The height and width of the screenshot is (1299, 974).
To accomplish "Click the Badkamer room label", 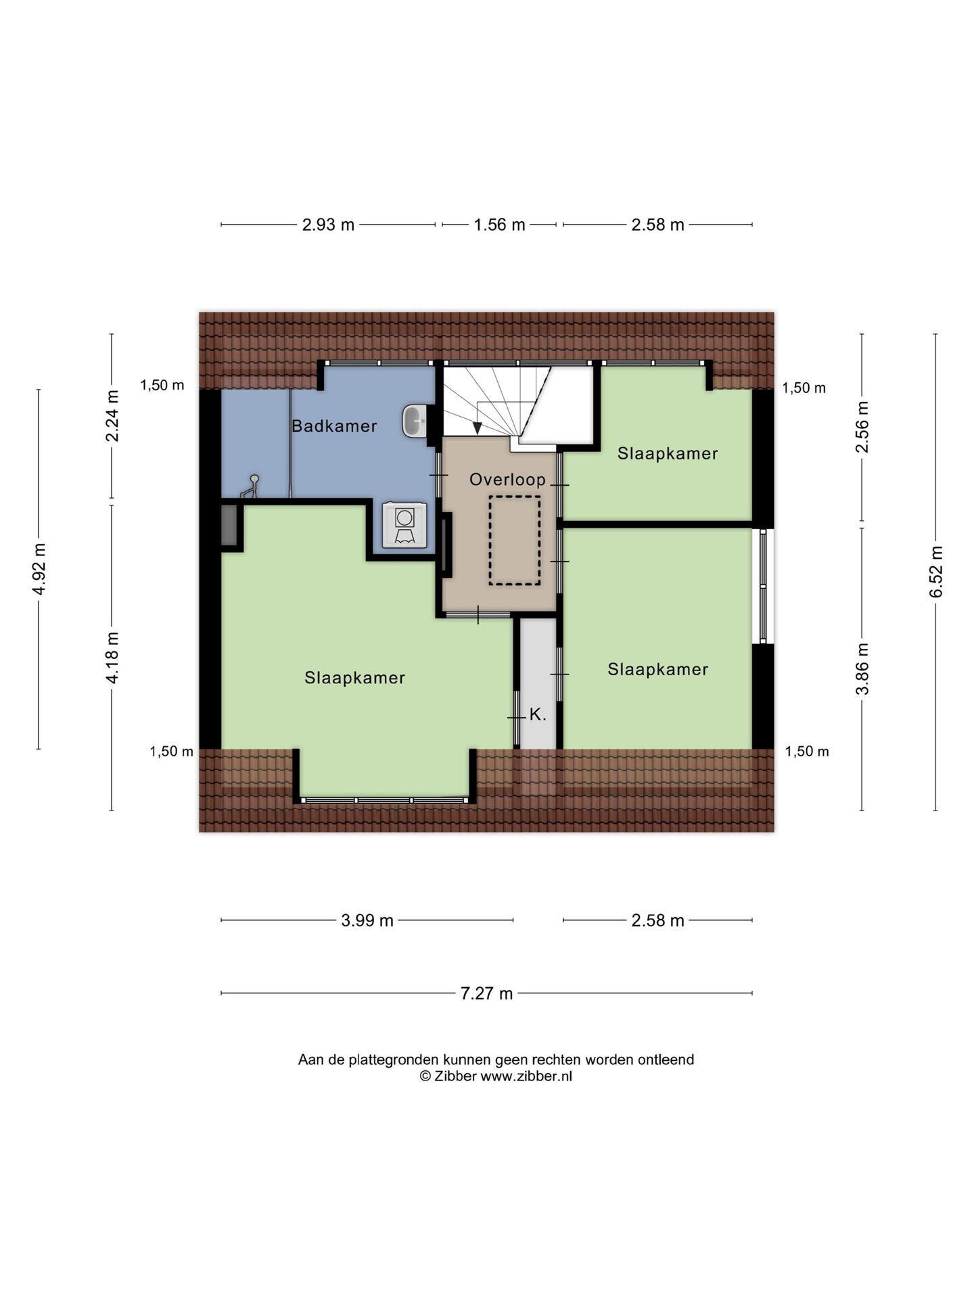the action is coord(334,426).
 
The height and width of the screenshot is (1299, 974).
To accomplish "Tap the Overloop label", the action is coord(507,480).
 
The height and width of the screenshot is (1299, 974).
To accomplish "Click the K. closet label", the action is coord(538,714).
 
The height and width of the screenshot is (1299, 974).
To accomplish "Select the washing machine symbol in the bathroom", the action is coord(404,524).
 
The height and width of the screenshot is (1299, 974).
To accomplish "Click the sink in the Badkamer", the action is coord(414,421).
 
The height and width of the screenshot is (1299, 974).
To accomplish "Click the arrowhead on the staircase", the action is coord(478,428).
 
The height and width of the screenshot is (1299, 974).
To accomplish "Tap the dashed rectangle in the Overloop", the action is coord(515,540).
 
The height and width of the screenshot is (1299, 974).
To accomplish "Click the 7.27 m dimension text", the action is coord(487,993).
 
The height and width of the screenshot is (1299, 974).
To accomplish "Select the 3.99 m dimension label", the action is coord(367,920).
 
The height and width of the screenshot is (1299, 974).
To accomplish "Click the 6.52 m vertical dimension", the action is coord(936,572).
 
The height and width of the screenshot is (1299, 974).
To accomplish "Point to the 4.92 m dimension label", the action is coord(39,569).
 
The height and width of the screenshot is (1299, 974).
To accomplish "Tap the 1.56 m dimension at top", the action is coord(499,225).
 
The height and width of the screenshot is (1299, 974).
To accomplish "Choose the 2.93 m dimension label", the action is coord(328,225).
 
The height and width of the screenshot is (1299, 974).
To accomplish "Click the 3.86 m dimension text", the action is coord(862,669).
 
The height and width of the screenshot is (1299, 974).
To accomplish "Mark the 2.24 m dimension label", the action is coord(112,416).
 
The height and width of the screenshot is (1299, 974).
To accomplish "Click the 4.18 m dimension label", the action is coord(112,658).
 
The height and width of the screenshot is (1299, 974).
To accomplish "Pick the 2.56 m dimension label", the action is coord(862,427).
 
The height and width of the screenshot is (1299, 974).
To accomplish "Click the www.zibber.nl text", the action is coord(526,1076).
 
